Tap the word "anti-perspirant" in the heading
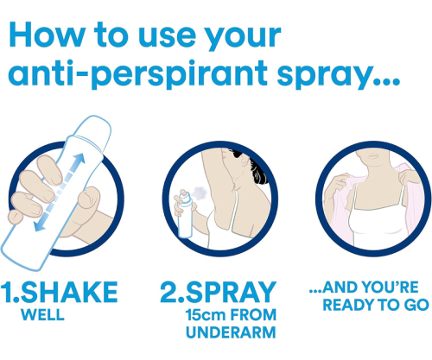tap(138, 74)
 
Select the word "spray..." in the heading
tap(339, 75)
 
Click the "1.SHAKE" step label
tap(60, 292)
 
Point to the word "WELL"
tap(42, 315)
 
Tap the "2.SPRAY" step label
tap(219, 292)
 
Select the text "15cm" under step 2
tap(206, 315)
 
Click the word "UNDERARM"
tap(231, 332)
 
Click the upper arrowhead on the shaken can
tap(79, 159)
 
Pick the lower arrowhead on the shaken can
tap(40, 225)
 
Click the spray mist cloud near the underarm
tap(200, 193)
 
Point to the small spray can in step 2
tap(185, 215)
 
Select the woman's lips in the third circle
tap(373, 155)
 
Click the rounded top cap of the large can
tap(97, 128)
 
